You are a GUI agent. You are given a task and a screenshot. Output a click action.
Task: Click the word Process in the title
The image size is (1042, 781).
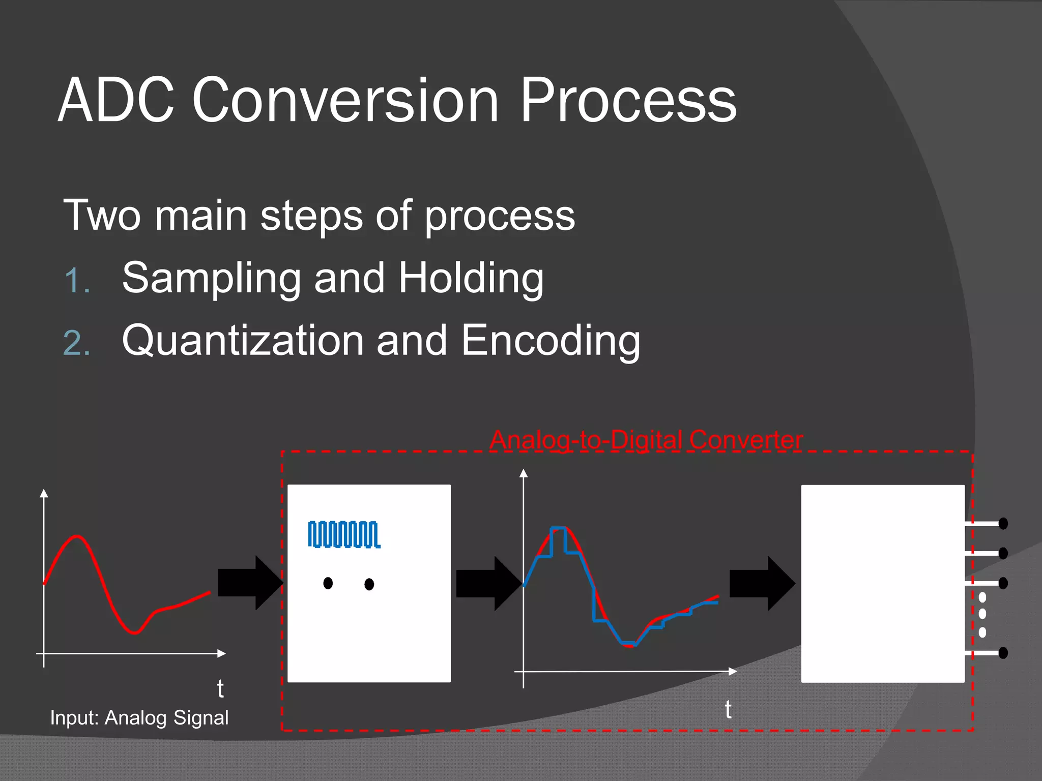point(628,101)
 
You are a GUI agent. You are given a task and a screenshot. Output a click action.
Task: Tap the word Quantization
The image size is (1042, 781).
point(242,341)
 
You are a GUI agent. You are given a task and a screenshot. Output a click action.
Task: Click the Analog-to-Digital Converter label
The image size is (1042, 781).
point(646,440)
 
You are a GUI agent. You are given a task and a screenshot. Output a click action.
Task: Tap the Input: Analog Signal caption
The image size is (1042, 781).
point(139,717)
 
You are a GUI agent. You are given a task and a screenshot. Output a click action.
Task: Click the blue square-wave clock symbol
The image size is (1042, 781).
point(344,534)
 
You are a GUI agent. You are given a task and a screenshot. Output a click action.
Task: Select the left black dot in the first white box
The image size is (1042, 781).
point(328,583)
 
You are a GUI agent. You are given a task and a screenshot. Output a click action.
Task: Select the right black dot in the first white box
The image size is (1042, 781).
point(369,584)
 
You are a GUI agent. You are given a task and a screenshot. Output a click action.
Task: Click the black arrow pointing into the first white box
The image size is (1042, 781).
point(250,583)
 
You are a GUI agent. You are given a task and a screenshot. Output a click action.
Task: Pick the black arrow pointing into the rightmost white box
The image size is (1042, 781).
point(762,583)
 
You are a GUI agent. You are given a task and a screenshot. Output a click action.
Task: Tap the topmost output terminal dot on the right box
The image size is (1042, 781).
point(1003,523)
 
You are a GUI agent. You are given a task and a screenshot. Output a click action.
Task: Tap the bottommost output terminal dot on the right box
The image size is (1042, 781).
point(1003,652)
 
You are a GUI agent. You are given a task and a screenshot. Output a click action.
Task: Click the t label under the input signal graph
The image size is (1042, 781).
point(220,689)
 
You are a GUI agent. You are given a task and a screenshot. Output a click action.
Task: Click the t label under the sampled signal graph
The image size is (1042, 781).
point(728,709)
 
